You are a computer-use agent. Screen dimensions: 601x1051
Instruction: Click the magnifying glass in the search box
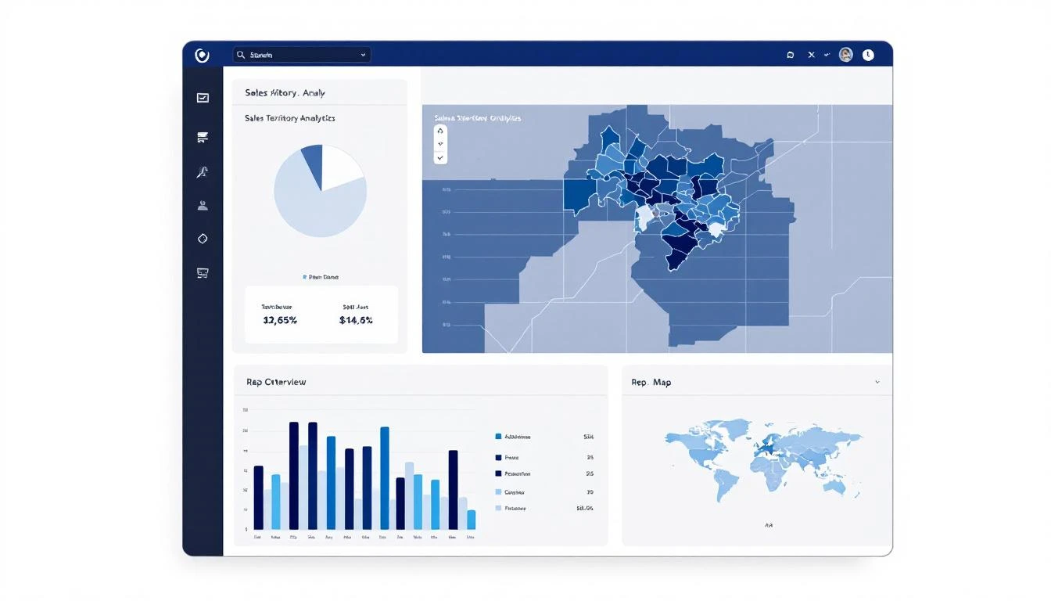(241, 55)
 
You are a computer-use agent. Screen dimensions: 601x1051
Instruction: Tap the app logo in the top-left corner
(202, 55)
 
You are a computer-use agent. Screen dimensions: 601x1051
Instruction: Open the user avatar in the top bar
(845, 55)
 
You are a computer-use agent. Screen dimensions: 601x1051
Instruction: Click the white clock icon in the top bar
(868, 55)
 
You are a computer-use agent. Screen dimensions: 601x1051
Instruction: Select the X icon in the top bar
(811, 55)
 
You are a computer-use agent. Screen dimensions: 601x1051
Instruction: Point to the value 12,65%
(279, 320)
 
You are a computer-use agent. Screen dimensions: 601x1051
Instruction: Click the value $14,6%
(356, 320)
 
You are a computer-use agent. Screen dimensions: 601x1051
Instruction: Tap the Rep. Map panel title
(651, 383)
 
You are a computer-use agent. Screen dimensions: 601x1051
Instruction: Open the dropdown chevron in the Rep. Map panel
(877, 383)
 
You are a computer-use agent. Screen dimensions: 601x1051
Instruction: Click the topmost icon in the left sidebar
(203, 98)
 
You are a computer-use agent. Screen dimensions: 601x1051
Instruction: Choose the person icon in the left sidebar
(203, 206)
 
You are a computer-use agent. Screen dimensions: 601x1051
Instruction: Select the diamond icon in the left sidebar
(203, 239)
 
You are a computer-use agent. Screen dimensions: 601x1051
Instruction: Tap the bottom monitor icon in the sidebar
(203, 273)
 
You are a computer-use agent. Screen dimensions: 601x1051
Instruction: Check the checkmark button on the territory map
(440, 157)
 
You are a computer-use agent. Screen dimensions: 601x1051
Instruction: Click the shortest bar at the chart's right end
(471, 520)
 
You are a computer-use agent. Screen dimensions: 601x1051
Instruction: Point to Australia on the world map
(834, 487)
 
